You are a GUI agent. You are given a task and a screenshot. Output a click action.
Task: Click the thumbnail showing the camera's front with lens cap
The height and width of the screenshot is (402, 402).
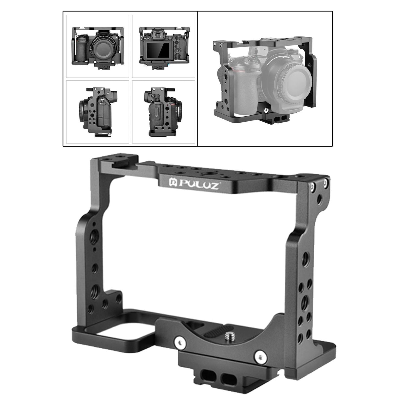(x=98, y=46)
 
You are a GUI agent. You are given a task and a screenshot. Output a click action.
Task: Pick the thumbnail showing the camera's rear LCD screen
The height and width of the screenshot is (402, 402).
(x=164, y=46)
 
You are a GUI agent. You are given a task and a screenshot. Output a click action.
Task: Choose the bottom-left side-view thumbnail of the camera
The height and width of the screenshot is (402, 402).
(x=98, y=112)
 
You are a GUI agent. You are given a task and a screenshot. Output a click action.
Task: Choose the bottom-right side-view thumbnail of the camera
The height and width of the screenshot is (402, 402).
(x=164, y=112)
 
